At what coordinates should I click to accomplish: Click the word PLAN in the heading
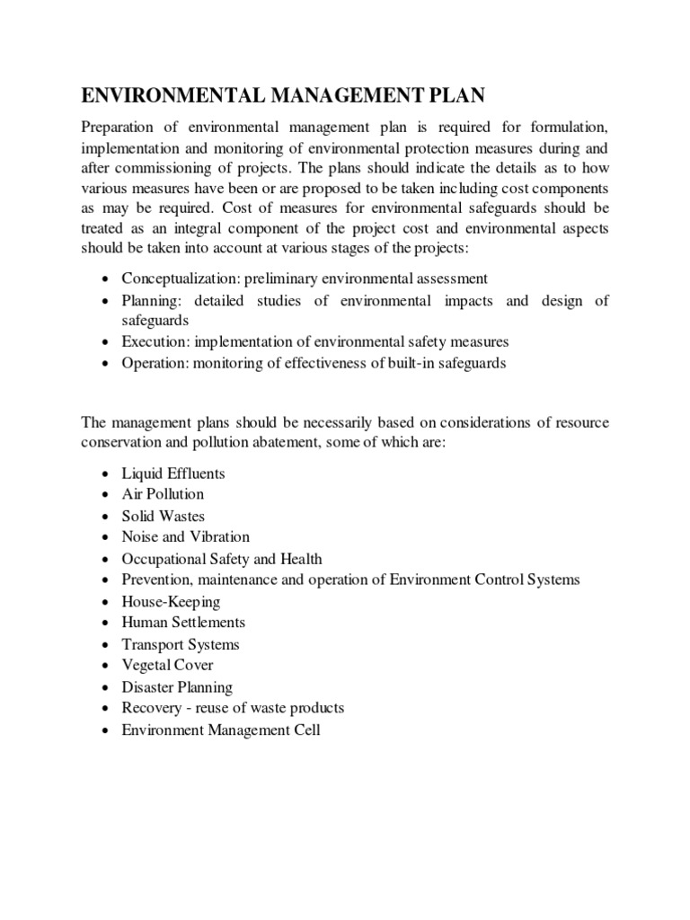449,96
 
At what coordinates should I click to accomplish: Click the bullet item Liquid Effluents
173,473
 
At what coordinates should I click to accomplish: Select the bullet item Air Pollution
163,494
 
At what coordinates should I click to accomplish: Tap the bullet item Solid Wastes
164,516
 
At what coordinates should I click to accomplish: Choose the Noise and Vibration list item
186,536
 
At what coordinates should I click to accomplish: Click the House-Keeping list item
171,601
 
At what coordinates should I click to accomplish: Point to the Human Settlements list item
183,622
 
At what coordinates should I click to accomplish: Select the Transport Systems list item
181,644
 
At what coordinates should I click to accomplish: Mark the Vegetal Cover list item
167,665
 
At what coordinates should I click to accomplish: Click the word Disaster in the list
148,687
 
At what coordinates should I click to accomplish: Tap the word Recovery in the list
150,708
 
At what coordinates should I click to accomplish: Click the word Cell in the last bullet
305,730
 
